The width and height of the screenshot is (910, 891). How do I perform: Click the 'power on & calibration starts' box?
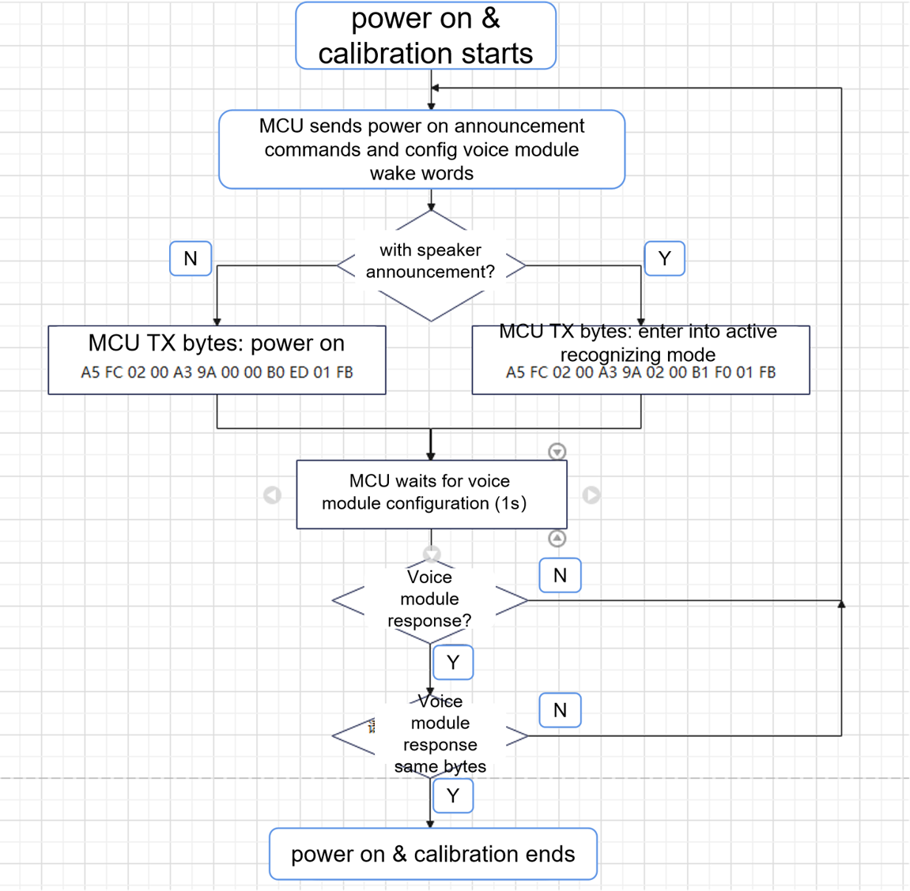[425, 36]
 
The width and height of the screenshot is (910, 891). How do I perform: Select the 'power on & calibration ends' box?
[432, 854]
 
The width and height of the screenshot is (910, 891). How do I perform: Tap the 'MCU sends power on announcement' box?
[421, 149]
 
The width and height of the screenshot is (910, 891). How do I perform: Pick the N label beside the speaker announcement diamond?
[191, 258]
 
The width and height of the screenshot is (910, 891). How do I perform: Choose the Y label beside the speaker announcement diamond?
[664, 258]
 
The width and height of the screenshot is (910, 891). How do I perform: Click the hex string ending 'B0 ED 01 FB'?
[217, 372]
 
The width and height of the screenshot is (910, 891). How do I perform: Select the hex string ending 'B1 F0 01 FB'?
[640, 372]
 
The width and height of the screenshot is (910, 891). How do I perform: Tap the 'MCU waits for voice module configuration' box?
[431, 493]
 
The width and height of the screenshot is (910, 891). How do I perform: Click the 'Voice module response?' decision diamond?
[430, 600]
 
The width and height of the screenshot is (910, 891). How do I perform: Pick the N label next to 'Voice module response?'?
[560, 575]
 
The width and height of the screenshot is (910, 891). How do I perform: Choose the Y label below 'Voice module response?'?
[453, 662]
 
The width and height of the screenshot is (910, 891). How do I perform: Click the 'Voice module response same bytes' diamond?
[431, 735]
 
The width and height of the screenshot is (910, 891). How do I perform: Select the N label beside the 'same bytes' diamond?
[560, 710]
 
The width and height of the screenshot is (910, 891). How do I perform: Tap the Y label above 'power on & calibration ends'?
[453, 795]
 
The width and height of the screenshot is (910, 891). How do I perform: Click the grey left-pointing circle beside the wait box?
[272, 494]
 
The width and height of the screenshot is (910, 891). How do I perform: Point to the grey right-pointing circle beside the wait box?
[591, 494]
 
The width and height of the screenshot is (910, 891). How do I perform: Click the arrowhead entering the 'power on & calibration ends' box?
[430, 824]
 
